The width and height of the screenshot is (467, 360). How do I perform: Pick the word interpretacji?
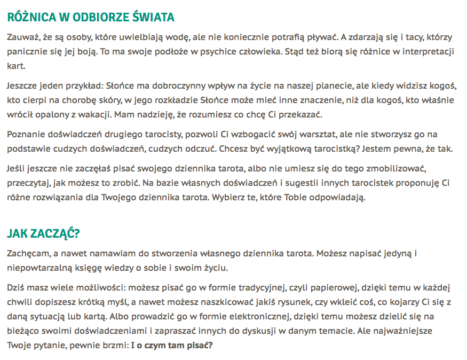coord(427,52)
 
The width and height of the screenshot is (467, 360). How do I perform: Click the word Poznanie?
coord(26,134)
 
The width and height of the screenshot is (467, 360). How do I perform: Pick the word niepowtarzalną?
coord(40,267)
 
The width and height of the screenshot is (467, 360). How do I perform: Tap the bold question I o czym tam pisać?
coord(172,345)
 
